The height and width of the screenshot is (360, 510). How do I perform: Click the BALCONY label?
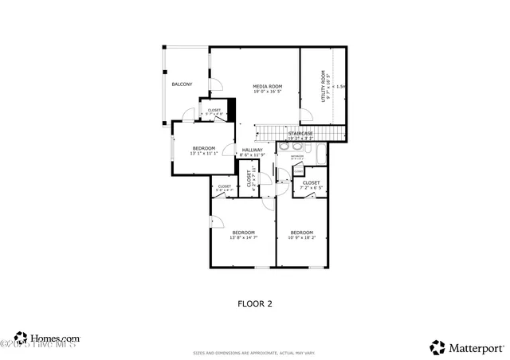click(182, 84)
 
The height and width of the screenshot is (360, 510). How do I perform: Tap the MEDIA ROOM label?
click(268, 86)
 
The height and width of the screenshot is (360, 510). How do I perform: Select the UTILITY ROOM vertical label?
click(324, 86)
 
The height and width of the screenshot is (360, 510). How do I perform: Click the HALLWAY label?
click(252, 149)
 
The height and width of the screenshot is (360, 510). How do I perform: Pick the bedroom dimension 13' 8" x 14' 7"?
click(243, 237)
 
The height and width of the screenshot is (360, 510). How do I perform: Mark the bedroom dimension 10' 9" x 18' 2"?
click(301, 237)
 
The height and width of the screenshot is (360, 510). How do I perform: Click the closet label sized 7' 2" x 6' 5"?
click(311, 187)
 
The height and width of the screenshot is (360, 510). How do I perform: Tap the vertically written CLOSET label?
click(249, 179)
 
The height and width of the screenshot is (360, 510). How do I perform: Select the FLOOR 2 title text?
click(255, 303)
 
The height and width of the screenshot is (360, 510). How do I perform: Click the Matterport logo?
click(466, 347)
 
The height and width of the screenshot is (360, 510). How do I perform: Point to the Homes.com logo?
click(48, 338)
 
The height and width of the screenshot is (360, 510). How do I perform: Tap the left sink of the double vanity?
click(284, 148)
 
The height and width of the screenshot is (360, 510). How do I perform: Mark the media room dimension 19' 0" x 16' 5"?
click(268, 92)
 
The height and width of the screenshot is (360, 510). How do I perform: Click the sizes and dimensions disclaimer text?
click(254, 353)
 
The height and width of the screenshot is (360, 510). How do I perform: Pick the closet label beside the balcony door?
click(214, 112)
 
